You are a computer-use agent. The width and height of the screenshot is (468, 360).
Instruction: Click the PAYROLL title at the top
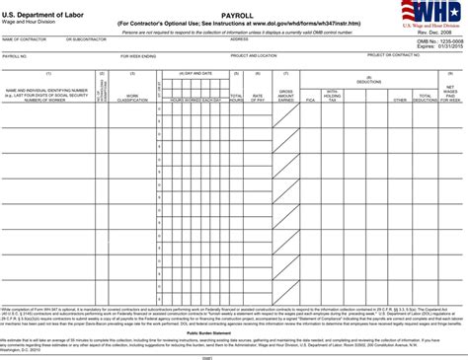[234, 15]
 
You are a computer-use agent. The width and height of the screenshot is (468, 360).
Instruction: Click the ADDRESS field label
[240, 40]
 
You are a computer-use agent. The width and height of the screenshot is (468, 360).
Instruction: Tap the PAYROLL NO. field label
[14, 56]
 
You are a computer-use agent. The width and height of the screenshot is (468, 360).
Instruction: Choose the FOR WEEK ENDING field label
[138, 56]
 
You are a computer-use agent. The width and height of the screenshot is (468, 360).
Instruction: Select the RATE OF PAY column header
[258, 98]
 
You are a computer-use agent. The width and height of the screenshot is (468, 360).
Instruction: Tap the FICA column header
[311, 100]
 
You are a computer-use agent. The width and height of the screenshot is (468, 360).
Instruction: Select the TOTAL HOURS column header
[237, 98]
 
